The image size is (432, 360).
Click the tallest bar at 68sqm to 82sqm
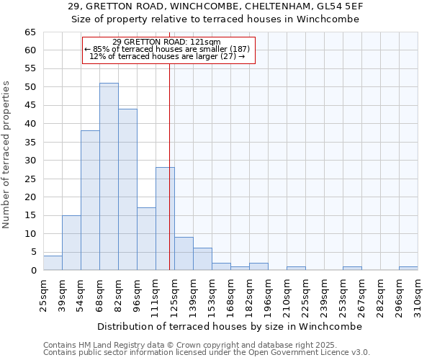[109, 176]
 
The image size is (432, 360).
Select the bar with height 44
[127, 189]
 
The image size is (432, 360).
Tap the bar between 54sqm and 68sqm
[90, 200]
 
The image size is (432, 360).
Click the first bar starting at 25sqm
[53, 263]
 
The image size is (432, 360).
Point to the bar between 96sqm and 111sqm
[146, 239]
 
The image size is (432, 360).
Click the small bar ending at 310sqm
[408, 268]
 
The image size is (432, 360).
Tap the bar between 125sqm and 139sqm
[184, 253]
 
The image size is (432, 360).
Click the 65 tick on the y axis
[30, 32]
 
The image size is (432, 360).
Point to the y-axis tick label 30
[30, 161]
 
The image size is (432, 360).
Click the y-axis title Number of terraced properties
[7, 155]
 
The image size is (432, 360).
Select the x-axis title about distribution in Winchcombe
[230, 326]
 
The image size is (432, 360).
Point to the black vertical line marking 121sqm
[169, 166]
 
